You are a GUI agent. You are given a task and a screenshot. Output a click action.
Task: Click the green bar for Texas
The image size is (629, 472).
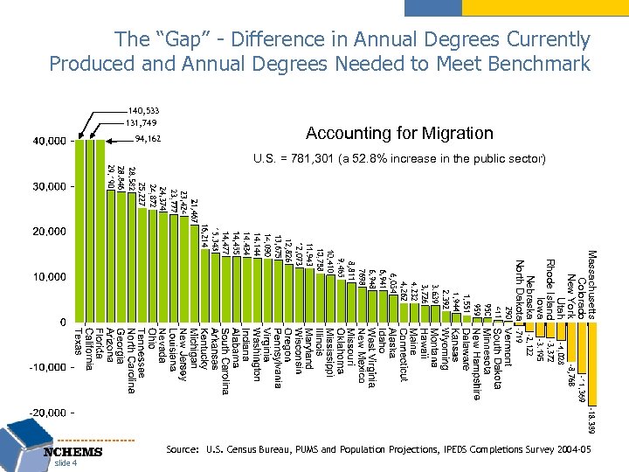pyautogui.click(x=79, y=231)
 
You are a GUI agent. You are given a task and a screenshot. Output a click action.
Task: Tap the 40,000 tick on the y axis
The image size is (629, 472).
pyautogui.click(x=48, y=141)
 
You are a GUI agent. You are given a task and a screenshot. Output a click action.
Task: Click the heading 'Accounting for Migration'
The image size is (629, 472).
pyautogui.click(x=398, y=134)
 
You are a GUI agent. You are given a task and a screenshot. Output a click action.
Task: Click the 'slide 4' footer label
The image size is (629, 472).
pyautogui.click(x=67, y=463)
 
